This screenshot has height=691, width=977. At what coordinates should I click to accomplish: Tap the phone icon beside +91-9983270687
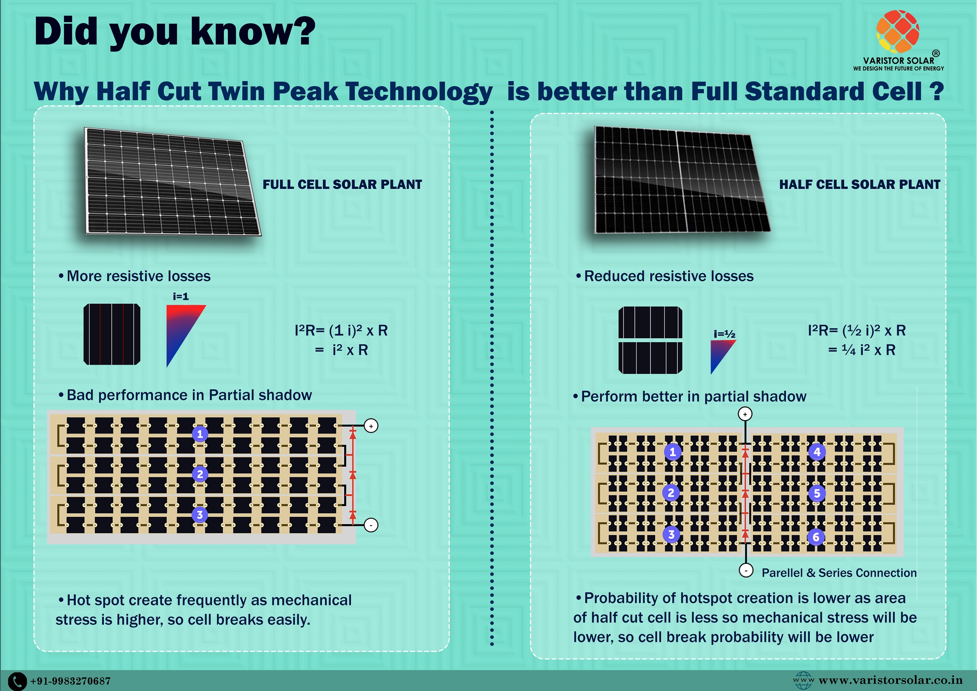tap(18, 681)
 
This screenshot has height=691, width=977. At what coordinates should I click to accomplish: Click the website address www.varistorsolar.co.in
tap(890, 680)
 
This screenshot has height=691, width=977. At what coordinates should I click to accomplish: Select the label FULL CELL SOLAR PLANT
tap(342, 184)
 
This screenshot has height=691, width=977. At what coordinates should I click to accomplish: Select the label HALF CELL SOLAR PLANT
tap(859, 184)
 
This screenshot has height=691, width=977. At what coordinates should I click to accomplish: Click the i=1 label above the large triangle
tap(181, 296)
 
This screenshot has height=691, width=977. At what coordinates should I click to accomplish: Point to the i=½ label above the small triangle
tap(724, 334)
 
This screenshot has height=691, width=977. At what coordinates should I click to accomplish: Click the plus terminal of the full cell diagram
tap(371, 426)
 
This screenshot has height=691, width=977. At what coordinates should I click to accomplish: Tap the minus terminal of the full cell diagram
tap(371, 525)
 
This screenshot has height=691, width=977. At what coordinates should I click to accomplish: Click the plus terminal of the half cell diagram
tap(744, 414)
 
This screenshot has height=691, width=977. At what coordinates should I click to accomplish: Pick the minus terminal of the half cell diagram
tap(746, 570)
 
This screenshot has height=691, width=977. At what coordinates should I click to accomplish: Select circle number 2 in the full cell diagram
tap(200, 474)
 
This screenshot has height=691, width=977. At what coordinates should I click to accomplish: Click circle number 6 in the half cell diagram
tap(816, 537)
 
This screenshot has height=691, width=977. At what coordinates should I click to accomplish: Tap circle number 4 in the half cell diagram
tap(817, 452)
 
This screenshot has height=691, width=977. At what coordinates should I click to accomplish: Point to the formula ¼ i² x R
tap(868, 350)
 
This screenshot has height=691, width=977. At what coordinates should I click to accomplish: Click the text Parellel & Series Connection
tap(839, 573)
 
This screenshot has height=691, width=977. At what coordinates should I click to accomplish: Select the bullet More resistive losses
tap(134, 276)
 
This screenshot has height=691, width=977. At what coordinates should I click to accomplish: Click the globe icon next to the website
tap(803, 680)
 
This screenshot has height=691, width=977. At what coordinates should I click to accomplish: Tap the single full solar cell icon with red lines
tap(112, 334)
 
